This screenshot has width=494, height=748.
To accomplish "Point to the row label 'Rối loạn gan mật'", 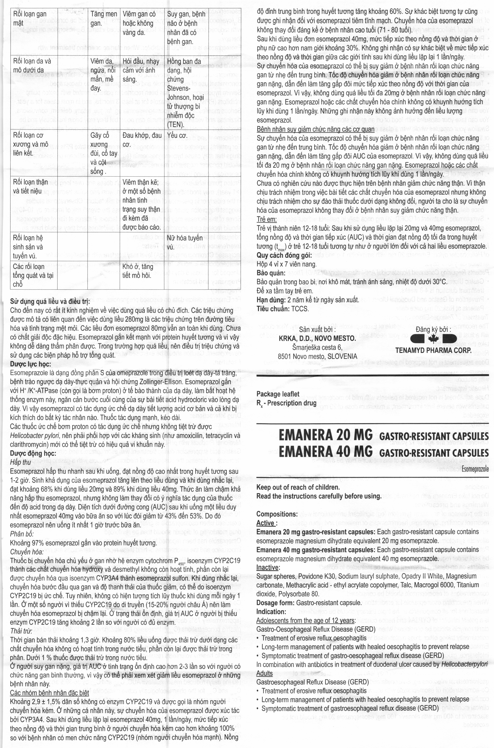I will click(x=30, y=19).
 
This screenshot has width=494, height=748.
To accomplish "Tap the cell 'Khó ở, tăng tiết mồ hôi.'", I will click(x=138, y=271).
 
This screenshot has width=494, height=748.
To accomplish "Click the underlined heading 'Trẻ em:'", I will click(x=267, y=219).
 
